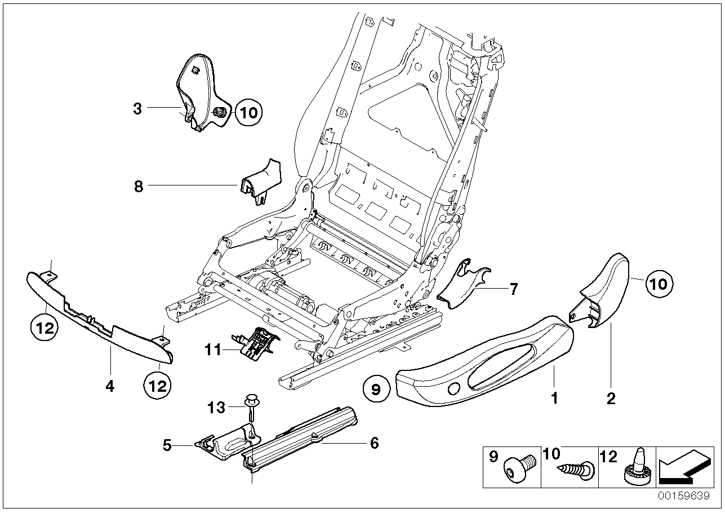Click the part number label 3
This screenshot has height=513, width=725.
(x=137, y=109)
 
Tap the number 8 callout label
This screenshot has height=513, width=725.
(x=139, y=186)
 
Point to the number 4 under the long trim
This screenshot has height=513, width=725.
(x=110, y=386)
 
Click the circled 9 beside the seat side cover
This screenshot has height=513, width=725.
(x=376, y=389)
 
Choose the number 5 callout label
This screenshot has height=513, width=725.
(x=167, y=445)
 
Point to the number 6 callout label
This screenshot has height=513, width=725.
(x=373, y=443)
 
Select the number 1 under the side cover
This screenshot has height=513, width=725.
(x=554, y=398)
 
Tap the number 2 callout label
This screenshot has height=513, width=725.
(x=611, y=399)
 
